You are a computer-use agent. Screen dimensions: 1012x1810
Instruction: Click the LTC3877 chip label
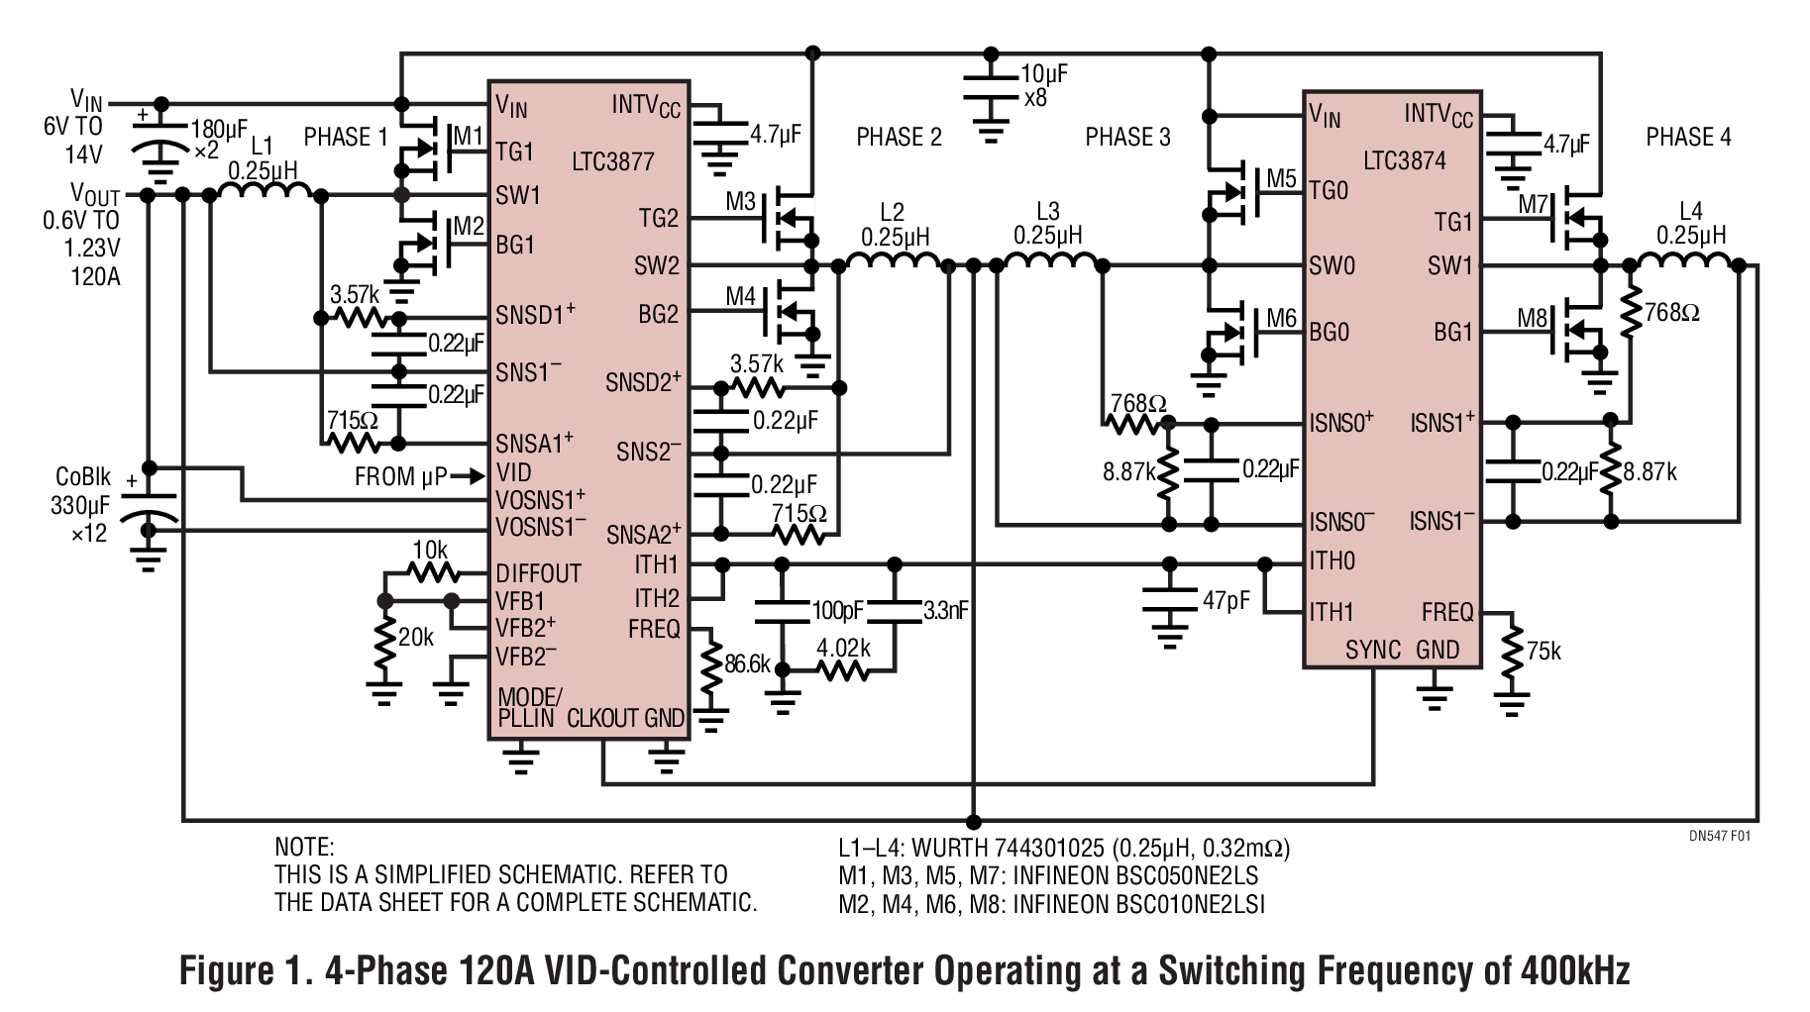[612, 161]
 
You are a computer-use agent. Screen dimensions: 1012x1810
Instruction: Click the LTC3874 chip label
[1404, 160]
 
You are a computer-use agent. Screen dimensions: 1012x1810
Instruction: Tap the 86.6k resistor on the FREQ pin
[710, 665]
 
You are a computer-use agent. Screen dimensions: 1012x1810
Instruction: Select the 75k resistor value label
[1544, 651]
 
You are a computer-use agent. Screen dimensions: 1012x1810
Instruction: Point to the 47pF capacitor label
[1225, 601]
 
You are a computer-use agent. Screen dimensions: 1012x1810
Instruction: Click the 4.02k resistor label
[843, 648]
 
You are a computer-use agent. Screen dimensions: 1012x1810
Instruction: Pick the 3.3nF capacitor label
[945, 611]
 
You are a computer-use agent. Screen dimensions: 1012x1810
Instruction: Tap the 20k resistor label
[415, 638]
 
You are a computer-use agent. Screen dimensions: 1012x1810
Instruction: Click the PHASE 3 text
[1127, 137]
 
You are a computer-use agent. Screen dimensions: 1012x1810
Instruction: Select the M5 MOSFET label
[1281, 179]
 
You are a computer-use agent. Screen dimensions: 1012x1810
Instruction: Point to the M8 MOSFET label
[1532, 319]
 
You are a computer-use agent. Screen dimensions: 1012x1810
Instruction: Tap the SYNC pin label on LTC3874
[1372, 650]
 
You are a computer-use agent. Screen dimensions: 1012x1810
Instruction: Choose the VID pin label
[514, 472]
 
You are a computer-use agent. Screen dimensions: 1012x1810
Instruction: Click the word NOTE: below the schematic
[304, 848]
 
